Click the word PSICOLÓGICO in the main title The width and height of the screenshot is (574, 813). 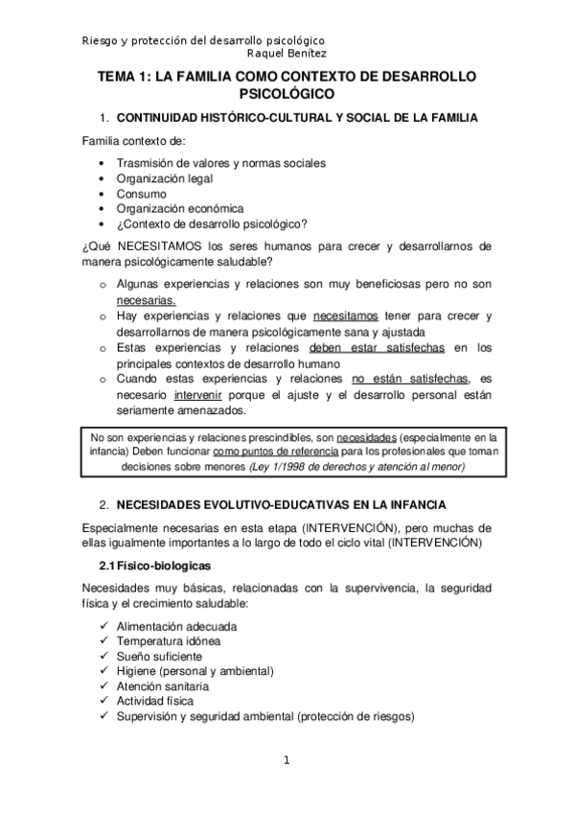(x=287, y=94)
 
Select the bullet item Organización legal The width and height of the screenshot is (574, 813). (x=164, y=178)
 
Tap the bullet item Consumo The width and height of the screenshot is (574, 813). (x=141, y=194)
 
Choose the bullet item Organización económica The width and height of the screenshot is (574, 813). (x=180, y=208)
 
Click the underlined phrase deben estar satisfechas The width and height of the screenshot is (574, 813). (x=372, y=348)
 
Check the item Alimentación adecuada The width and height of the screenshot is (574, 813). (x=176, y=627)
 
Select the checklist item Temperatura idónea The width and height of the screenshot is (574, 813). (x=168, y=641)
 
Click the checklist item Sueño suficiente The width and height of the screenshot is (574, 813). (x=159, y=657)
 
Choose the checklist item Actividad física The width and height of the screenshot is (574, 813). (x=154, y=702)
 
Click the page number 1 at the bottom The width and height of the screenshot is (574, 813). (x=286, y=761)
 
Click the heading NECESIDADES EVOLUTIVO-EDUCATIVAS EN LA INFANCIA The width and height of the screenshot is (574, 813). (x=281, y=504)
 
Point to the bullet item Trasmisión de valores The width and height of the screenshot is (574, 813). (x=220, y=163)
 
